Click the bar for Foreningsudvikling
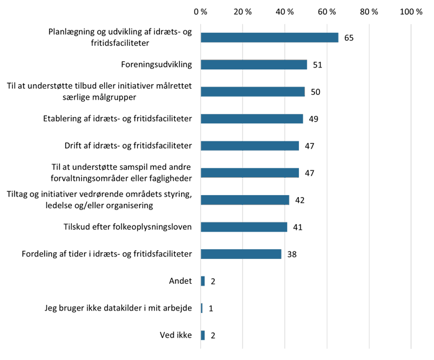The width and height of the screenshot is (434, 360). tap(254, 64)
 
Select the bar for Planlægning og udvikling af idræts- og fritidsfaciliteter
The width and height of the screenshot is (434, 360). tap(270, 38)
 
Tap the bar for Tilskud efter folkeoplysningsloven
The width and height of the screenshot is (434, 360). tap(244, 227)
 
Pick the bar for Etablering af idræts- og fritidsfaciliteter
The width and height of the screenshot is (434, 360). tap(252, 119)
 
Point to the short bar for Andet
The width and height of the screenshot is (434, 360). tap(203, 281)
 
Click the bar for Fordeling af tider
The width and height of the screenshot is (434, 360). tap(241, 254)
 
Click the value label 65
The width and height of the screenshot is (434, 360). tap(348, 38)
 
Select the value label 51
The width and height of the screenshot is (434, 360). tap(317, 64)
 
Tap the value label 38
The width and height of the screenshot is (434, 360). tap(291, 254)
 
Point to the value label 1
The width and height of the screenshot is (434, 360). tap(211, 308)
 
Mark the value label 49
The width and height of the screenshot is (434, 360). tap(313, 119)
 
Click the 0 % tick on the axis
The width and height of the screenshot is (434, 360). tap(200, 11)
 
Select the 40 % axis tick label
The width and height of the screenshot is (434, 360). tap(285, 11)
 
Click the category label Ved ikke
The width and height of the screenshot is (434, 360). tap(176, 335)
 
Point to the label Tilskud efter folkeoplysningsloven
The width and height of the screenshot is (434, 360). tap(128, 227)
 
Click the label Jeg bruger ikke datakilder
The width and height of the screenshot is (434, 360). tap(118, 308)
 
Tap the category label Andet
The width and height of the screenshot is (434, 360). tap(180, 281)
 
